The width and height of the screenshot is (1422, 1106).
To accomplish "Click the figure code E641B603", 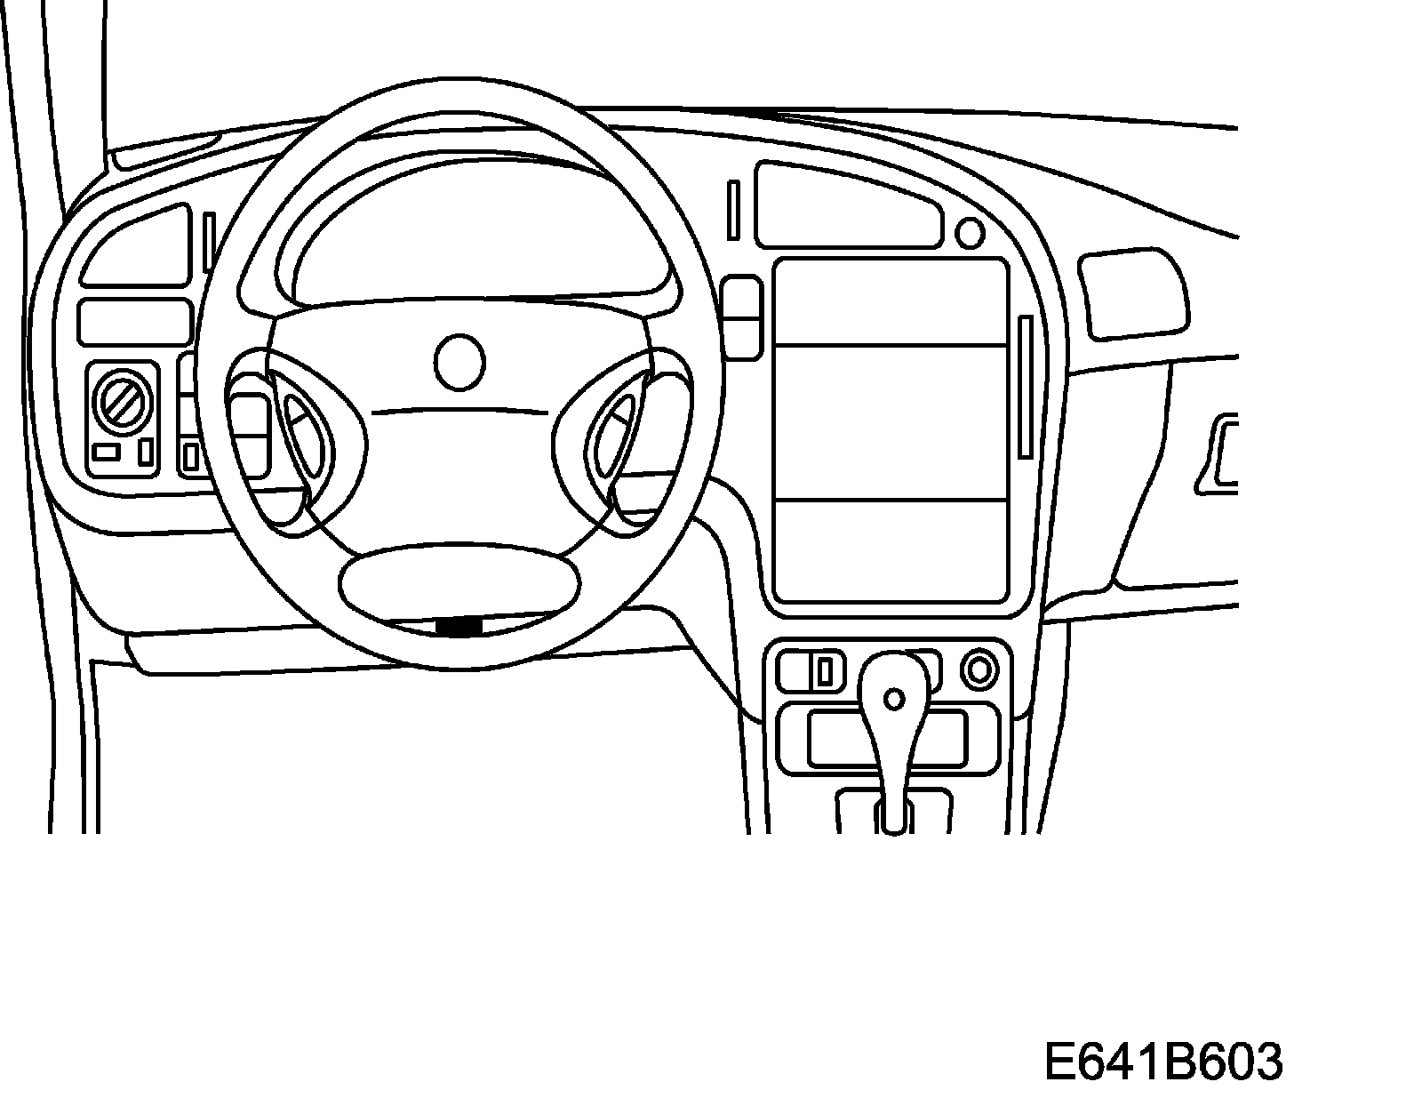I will click(1162, 1061).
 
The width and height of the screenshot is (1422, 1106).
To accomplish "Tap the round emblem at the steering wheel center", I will click(460, 362).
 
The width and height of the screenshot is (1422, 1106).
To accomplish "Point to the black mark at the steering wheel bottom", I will click(459, 627).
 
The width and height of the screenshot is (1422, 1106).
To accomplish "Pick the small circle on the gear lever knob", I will click(896, 699).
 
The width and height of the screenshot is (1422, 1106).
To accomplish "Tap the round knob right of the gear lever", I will click(980, 669).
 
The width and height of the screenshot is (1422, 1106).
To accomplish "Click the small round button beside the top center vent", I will click(970, 234).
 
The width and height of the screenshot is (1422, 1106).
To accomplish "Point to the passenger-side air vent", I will click(1133, 294).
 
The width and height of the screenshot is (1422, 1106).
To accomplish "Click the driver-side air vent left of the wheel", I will click(136, 247).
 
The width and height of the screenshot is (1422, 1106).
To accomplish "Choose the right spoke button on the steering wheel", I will click(613, 432).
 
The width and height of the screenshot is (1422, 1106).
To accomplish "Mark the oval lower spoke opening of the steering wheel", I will click(459, 581).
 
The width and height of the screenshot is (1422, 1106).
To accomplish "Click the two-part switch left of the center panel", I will click(743, 317).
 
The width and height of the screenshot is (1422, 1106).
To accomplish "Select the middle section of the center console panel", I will click(890, 421).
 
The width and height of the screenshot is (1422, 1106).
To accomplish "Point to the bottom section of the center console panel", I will click(890, 549).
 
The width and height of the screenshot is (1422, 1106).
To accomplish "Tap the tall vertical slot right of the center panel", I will click(1026, 386).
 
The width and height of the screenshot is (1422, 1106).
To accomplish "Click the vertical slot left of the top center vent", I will click(733, 210).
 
